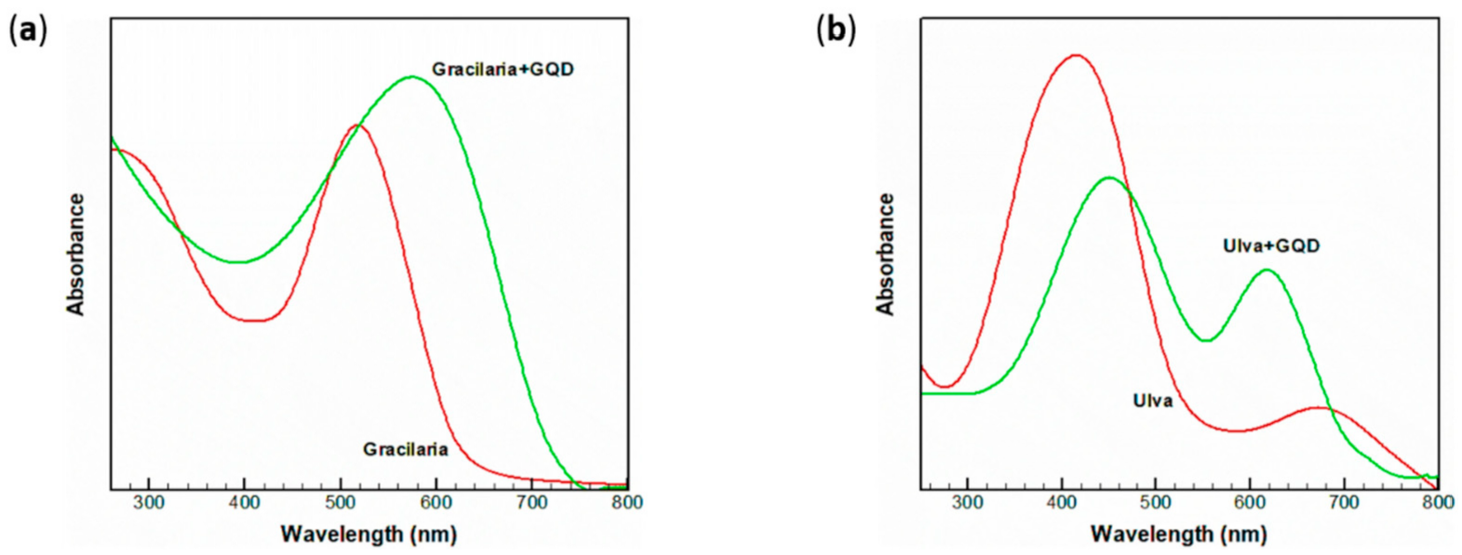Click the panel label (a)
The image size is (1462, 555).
[27, 30]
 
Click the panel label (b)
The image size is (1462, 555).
[836, 30]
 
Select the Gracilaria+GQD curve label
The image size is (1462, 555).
[503, 70]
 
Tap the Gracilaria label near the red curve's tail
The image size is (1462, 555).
[405, 450]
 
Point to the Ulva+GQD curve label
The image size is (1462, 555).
[1271, 246]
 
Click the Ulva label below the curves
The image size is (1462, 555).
[1152, 402]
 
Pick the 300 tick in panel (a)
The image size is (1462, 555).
[149, 503]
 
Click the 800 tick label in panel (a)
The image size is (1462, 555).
[627, 503]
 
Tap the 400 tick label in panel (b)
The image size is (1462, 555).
[1062, 503]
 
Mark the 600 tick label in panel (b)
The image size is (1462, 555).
[1250, 503]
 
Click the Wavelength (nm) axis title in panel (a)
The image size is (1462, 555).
[369, 535]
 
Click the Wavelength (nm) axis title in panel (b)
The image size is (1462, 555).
[1178, 535]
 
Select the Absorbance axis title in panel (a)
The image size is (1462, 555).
[75, 254]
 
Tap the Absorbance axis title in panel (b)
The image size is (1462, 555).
[886, 254]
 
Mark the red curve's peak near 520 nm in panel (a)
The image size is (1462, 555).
[357, 125]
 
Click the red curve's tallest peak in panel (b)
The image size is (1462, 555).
[1077, 55]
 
